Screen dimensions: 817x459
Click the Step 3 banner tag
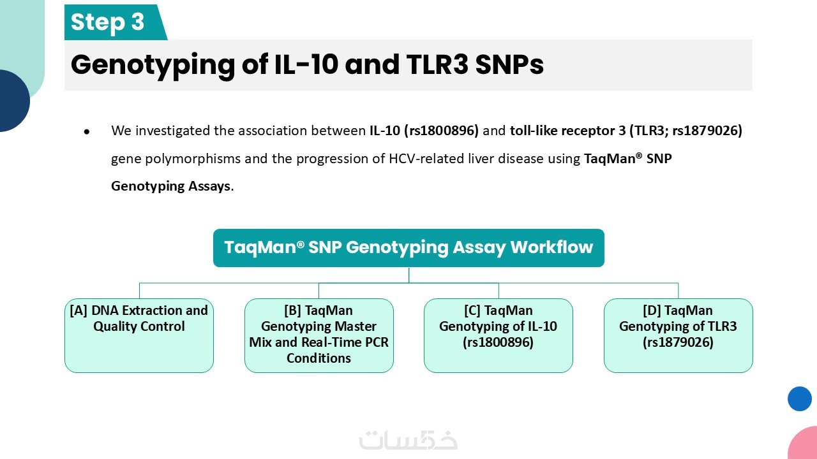tap(113, 22)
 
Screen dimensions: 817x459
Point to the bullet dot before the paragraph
tap(87, 131)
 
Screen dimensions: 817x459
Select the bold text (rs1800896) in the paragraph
tap(441, 131)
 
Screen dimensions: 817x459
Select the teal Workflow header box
tap(408, 248)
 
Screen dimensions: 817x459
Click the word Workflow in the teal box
tap(551, 247)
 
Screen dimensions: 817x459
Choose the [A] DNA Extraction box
tap(139, 335)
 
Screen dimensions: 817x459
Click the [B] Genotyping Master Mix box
tap(319, 335)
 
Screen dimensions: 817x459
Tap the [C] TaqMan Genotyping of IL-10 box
tap(498, 335)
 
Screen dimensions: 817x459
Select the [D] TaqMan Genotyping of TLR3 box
tap(678, 335)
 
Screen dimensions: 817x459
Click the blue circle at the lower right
tap(800, 399)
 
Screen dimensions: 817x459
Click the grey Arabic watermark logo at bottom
tap(408, 440)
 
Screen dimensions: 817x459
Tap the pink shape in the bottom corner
tap(804, 444)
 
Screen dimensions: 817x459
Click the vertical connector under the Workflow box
tap(409, 275)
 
